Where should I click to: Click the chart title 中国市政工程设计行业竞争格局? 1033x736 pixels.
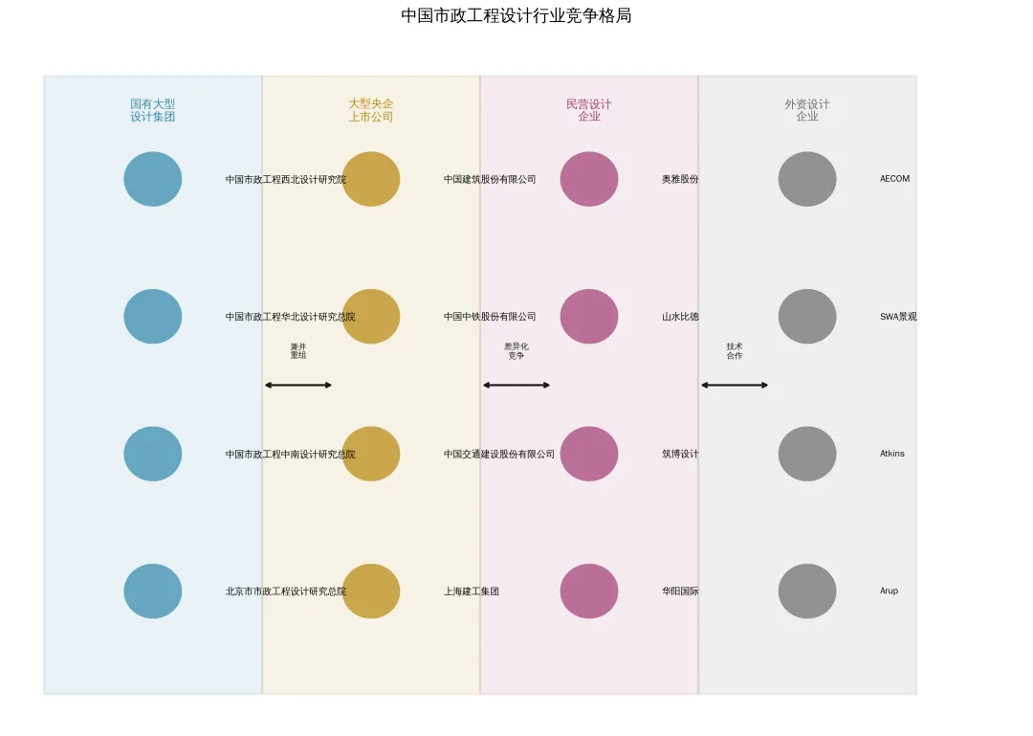(x=516, y=16)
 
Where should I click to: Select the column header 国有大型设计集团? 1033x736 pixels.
(x=153, y=110)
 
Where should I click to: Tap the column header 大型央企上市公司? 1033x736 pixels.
(x=371, y=110)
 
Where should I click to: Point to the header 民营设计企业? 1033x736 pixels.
(x=589, y=110)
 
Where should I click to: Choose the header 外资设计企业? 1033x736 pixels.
(x=807, y=110)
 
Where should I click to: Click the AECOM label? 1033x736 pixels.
(x=894, y=179)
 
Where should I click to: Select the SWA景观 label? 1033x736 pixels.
(x=898, y=317)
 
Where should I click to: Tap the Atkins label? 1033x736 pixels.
(x=891, y=454)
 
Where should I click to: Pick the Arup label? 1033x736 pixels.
(x=889, y=591)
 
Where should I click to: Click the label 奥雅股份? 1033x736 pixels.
(x=680, y=179)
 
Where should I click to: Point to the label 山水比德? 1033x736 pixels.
(x=680, y=317)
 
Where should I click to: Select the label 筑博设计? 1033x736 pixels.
(x=680, y=454)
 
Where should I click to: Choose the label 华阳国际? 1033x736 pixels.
(x=680, y=591)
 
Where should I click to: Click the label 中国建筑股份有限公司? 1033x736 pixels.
(x=490, y=179)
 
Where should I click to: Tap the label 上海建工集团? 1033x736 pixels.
(x=472, y=591)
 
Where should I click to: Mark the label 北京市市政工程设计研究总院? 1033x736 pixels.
(x=286, y=591)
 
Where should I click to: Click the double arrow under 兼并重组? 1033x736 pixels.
(x=298, y=385)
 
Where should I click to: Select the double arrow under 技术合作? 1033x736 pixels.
(x=735, y=385)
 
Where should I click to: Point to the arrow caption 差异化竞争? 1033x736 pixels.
(x=516, y=351)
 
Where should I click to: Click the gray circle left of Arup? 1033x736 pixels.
(x=807, y=591)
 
